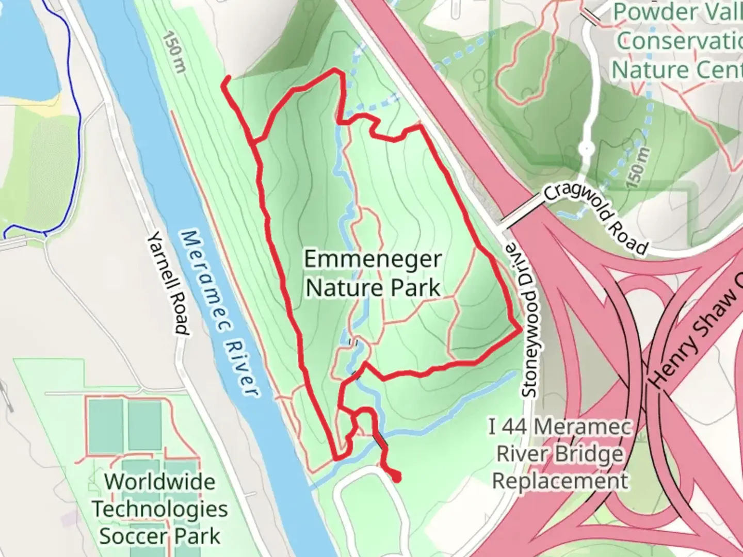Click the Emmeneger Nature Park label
pos(373,273)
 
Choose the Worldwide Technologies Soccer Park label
pos(160,509)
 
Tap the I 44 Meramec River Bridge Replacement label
pos(560,454)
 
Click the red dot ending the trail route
pos(397,478)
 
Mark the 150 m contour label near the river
pos(173,52)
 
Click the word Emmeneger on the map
pos(373,259)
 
